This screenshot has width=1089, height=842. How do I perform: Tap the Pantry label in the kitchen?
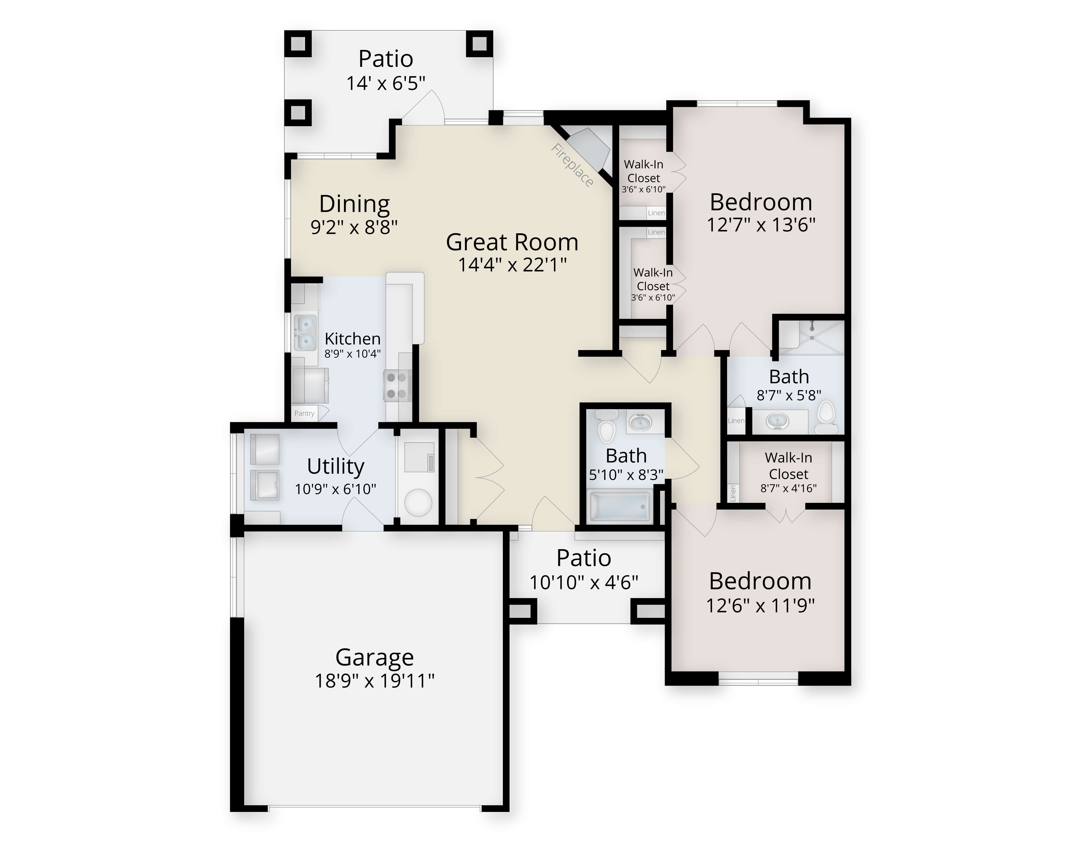coord(304,413)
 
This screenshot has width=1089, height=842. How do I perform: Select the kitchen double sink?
coord(305,332)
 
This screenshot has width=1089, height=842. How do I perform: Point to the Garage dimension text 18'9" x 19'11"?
coord(374,680)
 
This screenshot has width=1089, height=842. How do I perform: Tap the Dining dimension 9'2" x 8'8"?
coord(354,227)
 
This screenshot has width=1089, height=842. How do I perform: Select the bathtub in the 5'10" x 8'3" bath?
coord(620,506)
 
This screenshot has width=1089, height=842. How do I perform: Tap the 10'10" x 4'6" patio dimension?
coord(584,582)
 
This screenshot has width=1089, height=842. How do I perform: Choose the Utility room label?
coord(335,466)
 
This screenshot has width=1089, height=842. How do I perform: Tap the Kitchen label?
coord(353,339)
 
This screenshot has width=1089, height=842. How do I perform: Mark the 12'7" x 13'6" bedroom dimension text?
coord(761,225)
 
